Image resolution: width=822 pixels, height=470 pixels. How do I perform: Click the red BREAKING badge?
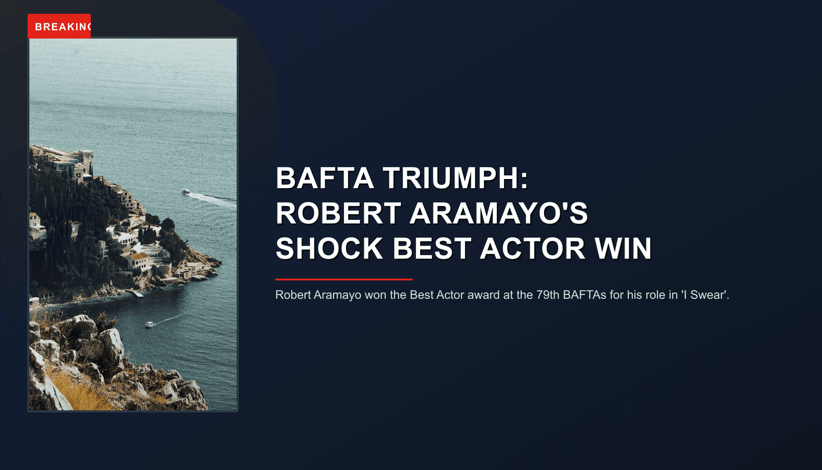pos(59,26)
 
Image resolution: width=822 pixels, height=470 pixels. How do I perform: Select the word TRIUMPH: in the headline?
pos(455,178)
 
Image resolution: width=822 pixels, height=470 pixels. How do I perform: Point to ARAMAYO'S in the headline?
pos(499,213)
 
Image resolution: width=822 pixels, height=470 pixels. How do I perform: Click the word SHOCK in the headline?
pos(329,249)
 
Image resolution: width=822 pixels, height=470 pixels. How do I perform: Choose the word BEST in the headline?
pos(432,249)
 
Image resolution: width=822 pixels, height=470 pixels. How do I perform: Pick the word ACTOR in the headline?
pos(533,249)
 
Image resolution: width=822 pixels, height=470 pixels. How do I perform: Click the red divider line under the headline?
pos(344,279)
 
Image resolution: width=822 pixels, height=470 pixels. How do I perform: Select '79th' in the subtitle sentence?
pos(548,295)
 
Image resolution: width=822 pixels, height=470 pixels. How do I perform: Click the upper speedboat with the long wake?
pos(186,192)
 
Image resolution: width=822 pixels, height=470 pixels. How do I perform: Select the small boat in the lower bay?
pos(149,325)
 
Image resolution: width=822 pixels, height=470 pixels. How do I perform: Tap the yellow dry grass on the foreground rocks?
pos(78,390)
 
